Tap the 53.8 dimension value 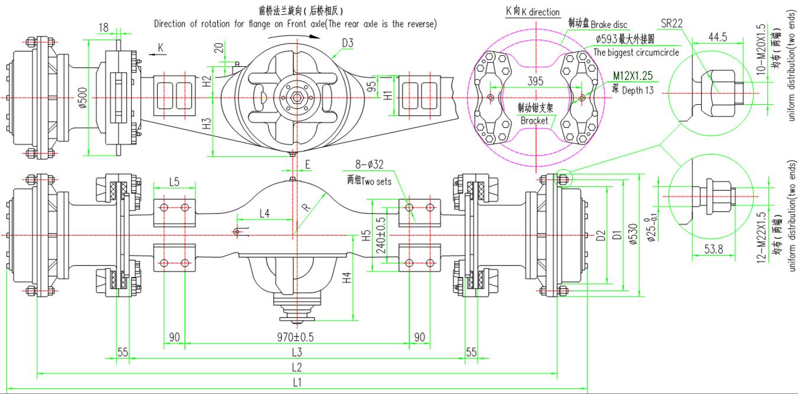pos(713,249)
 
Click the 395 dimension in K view pos(536,80)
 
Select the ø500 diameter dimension pos(83,98)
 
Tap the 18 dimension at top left pos(104,27)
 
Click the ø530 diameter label pos(633,234)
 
